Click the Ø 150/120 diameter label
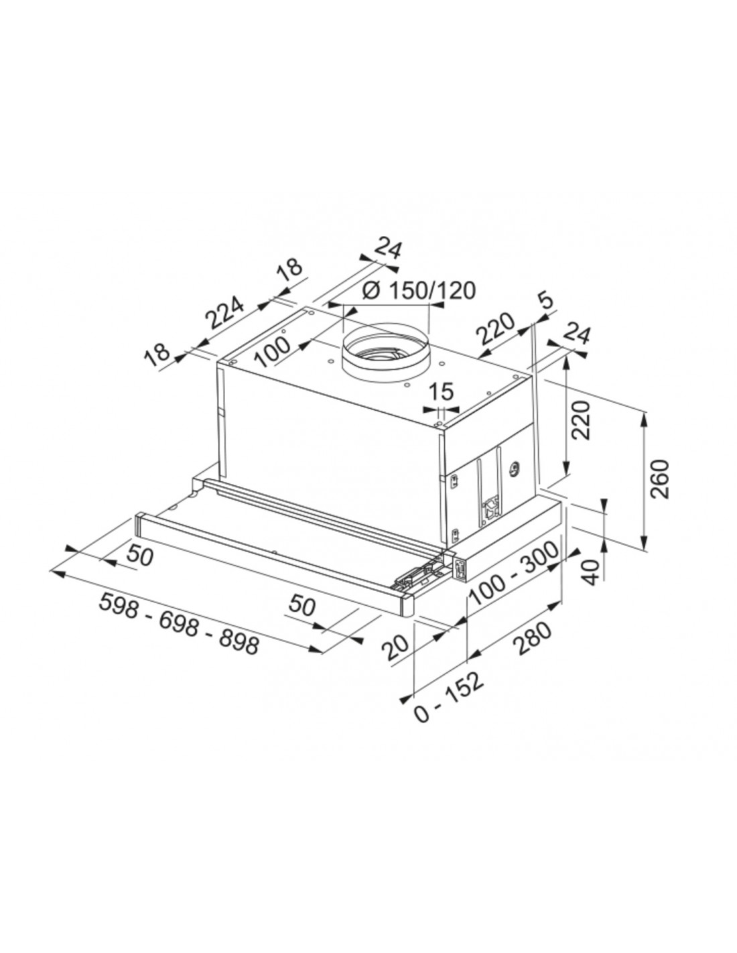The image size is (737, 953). pos(419,290)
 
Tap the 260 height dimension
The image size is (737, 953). pos(660,479)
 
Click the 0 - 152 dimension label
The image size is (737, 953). pos(449,708)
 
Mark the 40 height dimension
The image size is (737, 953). pos(592,572)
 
